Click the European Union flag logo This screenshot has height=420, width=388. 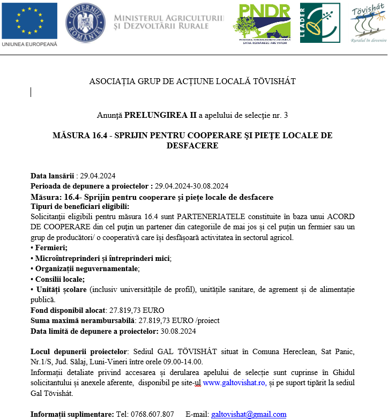(29, 21)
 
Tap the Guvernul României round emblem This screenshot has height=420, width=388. (85, 23)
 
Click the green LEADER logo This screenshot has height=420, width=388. (319, 23)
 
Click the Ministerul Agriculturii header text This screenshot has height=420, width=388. (169, 22)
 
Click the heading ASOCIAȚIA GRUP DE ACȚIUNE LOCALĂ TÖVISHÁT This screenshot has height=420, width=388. (192, 81)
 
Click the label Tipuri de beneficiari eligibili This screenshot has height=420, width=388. (80, 206)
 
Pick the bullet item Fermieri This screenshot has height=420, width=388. (50, 247)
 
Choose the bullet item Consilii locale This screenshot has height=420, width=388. (59, 279)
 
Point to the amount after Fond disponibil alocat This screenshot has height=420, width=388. (136, 310)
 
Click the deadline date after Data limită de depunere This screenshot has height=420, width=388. (178, 331)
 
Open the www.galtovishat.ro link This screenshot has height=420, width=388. (234, 382)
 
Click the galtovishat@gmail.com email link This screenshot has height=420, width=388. (249, 414)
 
